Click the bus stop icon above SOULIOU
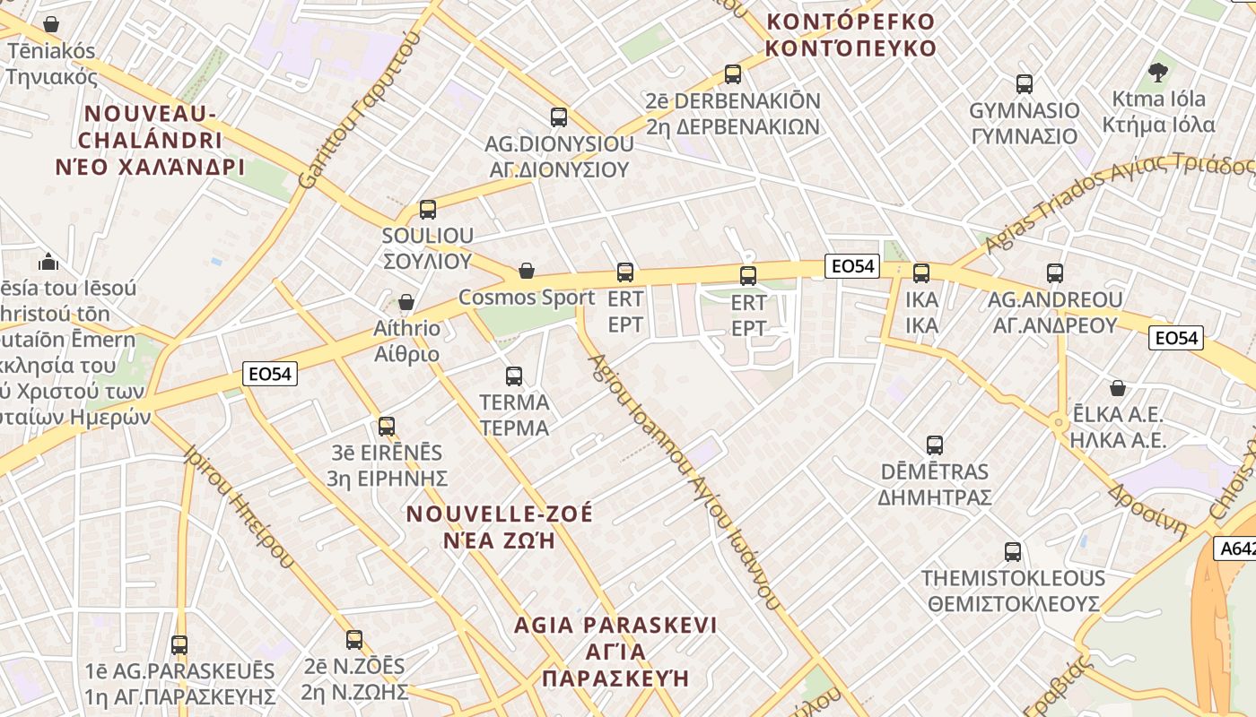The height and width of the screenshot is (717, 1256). pyautogui.click(x=428, y=210)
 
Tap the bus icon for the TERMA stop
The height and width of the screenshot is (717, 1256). pyautogui.click(x=514, y=376)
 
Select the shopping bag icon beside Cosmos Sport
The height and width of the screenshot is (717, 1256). pyautogui.click(x=527, y=271)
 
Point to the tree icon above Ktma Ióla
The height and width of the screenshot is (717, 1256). pyautogui.click(x=1158, y=73)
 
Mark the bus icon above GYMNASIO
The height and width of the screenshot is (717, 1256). pyautogui.click(x=1025, y=84)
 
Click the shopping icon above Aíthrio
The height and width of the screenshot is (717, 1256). pyautogui.click(x=406, y=302)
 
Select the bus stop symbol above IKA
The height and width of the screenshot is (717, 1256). pyautogui.click(x=921, y=273)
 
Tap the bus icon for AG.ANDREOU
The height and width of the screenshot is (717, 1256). pyautogui.click(x=1055, y=273)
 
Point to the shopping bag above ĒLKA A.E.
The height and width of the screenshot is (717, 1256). pyautogui.click(x=1118, y=388)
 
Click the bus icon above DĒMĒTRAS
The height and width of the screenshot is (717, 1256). pyautogui.click(x=935, y=445)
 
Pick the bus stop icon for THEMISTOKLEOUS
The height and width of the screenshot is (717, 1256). pyautogui.click(x=1013, y=552)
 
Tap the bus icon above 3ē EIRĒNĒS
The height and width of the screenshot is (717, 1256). pyautogui.click(x=387, y=426)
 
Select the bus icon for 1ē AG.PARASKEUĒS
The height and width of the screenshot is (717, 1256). pyautogui.click(x=179, y=644)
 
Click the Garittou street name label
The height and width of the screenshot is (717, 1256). pyautogui.click(x=358, y=113)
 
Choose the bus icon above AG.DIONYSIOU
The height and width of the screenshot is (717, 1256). pyautogui.click(x=559, y=117)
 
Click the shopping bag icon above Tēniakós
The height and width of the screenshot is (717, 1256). pyautogui.click(x=51, y=24)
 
